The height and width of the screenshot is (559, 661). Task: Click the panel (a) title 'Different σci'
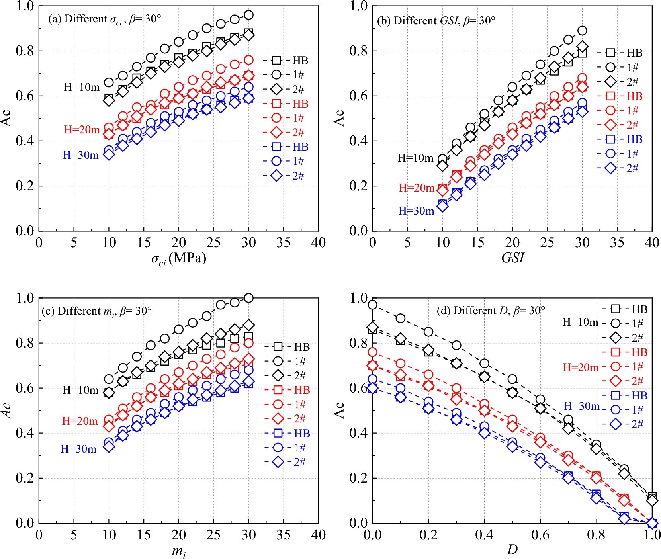[x=104, y=19]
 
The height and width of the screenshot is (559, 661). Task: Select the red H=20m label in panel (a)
[x=82, y=130]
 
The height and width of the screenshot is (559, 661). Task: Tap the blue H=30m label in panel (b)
[x=416, y=211]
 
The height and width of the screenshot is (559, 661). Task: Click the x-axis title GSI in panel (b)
[x=512, y=258]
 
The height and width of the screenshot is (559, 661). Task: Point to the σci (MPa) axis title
[x=178, y=259]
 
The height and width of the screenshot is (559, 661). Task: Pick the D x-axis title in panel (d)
[x=512, y=550]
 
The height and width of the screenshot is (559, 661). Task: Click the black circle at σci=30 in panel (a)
[x=248, y=15]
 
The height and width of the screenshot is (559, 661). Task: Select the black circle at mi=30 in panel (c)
[x=248, y=298]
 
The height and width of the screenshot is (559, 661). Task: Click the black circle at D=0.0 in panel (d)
[x=372, y=305]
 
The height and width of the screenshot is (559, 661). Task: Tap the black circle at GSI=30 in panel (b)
[x=582, y=31]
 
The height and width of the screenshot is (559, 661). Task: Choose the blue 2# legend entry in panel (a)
[x=284, y=176]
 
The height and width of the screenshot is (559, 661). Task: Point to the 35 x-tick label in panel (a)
[x=283, y=242]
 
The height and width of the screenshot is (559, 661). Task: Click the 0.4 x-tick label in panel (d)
[x=484, y=535]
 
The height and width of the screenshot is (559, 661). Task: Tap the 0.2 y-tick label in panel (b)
[x=358, y=186]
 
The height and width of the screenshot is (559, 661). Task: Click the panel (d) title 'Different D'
[x=491, y=311]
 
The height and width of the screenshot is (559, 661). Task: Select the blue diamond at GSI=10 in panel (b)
[x=442, y=206]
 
